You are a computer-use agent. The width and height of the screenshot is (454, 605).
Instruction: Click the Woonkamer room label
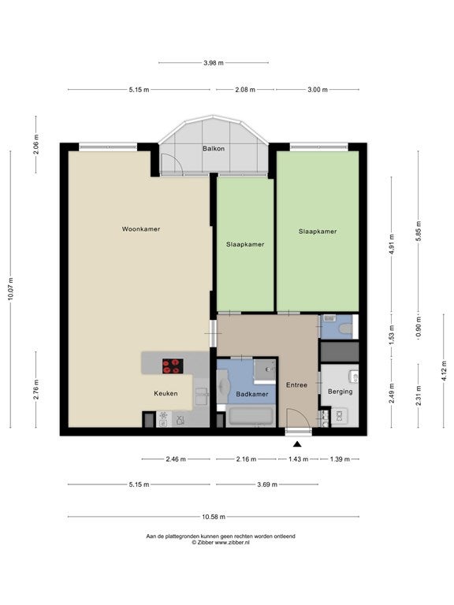click(x=141, y=228)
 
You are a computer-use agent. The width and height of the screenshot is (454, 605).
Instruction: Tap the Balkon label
click(x=214, y=149)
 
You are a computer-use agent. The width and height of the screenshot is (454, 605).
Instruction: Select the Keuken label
click(x=166, y=394)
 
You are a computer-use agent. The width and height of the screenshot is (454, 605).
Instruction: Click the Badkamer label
click(x=252, y=395)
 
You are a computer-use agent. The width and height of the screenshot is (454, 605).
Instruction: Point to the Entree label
click(x=297, y=385)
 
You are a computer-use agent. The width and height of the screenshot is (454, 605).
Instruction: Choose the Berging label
click(x=340, y=392)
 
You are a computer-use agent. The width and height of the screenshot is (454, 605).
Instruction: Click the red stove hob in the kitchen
click(x=173, y=366)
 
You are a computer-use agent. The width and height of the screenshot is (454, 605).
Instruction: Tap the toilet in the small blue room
click(x=344, y=329)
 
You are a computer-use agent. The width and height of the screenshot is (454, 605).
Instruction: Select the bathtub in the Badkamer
click(x=251, y=416)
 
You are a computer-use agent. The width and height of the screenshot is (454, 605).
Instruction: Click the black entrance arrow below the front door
click(x=297, y=444)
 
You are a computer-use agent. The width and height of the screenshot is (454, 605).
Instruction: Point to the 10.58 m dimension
click(x=214, y=517)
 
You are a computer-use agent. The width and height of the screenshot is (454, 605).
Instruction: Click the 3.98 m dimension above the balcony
click(x=214, y=62)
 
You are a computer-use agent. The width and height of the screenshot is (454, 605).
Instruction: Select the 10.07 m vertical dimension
click(x=10, y=289)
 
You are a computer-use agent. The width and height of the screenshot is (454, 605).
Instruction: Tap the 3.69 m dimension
click(x=267, y=484)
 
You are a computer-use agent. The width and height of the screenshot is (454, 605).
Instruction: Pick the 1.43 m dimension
click(x=299, y=459)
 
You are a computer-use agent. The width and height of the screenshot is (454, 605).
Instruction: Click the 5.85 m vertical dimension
click(x=419, y=230)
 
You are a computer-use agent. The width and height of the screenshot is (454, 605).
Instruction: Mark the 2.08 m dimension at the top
click(x=245, y=90)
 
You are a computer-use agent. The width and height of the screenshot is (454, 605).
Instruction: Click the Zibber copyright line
click(x=221, y=542)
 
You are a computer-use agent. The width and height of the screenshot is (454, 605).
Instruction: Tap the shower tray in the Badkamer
click(x=265, y=371)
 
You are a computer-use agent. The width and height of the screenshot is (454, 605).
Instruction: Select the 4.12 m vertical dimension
click(x=445, y=371)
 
